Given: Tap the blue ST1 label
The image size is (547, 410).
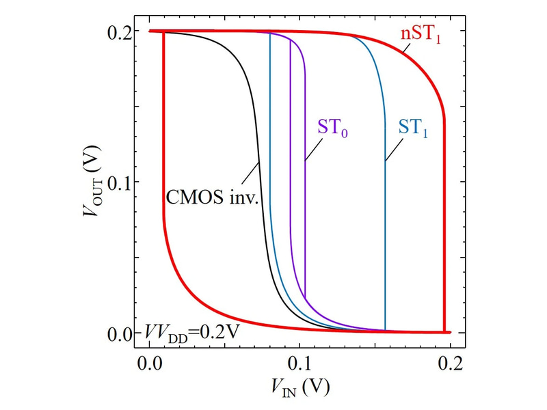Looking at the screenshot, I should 413,128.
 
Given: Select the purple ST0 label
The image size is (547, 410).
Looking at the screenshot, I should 333,128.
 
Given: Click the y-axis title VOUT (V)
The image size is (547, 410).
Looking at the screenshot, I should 92,182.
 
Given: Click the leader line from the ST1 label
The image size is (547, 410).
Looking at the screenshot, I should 394,150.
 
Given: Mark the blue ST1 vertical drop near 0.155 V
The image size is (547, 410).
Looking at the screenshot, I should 385,239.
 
